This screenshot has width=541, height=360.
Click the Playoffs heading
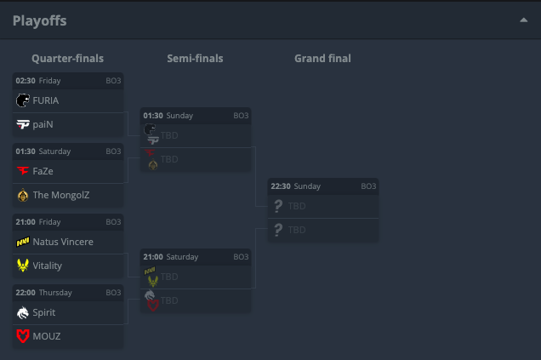[x=39, y=20]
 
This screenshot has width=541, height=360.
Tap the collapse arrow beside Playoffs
[x=524, y=20]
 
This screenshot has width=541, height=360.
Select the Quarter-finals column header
[x=68, y=59]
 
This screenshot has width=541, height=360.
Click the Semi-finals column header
[x=195, y=59]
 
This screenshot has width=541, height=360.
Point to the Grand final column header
[x=322, y=59]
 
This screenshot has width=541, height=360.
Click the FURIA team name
[x=46, y=100]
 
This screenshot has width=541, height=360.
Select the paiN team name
[x=43, y=124]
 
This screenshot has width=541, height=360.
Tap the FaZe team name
[x=43, y=171]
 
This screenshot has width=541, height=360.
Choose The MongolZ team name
[x=61, y=195]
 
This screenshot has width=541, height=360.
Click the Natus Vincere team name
[x=63, y=242]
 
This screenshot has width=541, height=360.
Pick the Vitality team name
[x=48, y=266]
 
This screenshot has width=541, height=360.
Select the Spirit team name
[x=44, y=312]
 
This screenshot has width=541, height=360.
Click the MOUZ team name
[x=47, y=336]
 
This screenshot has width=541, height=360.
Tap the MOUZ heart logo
[x=23, y=336]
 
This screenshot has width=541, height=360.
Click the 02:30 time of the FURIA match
[x=26, y=80]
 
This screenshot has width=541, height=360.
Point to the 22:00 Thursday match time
[x=26, y=292]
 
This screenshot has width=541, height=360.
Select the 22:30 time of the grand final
[x=281, y=186]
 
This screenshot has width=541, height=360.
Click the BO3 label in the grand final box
[x=368, y=186]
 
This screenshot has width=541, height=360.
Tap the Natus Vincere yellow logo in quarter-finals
[x=23, y=242]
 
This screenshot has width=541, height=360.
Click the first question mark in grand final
[x=277, y=206]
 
